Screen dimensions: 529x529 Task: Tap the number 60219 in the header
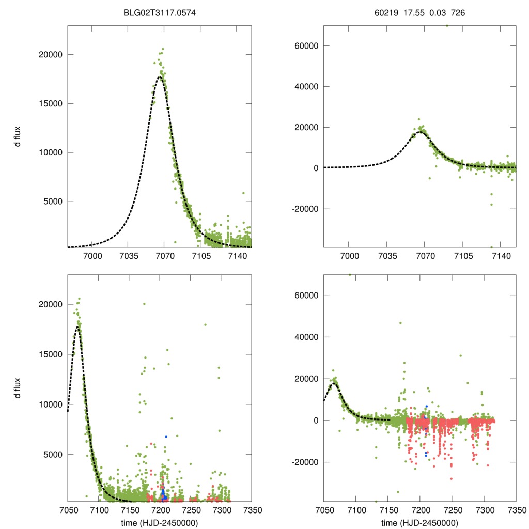tap(386, 13)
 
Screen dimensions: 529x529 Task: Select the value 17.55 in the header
tap(413, 13)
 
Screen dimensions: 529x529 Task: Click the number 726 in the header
tap(458, 13)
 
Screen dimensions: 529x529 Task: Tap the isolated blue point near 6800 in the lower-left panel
tap(166, 437)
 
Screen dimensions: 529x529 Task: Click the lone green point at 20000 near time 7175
tap(144, 304)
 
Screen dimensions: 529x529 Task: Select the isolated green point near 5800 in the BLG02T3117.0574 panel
tap(243, 193)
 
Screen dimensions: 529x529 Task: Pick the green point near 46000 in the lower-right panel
tap(400, 323)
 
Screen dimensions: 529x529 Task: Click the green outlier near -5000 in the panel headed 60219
tap(429, 178)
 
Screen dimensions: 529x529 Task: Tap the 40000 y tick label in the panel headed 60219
tap(303, 86)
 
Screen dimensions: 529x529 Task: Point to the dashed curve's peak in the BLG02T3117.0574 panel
tap(160, 76)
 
